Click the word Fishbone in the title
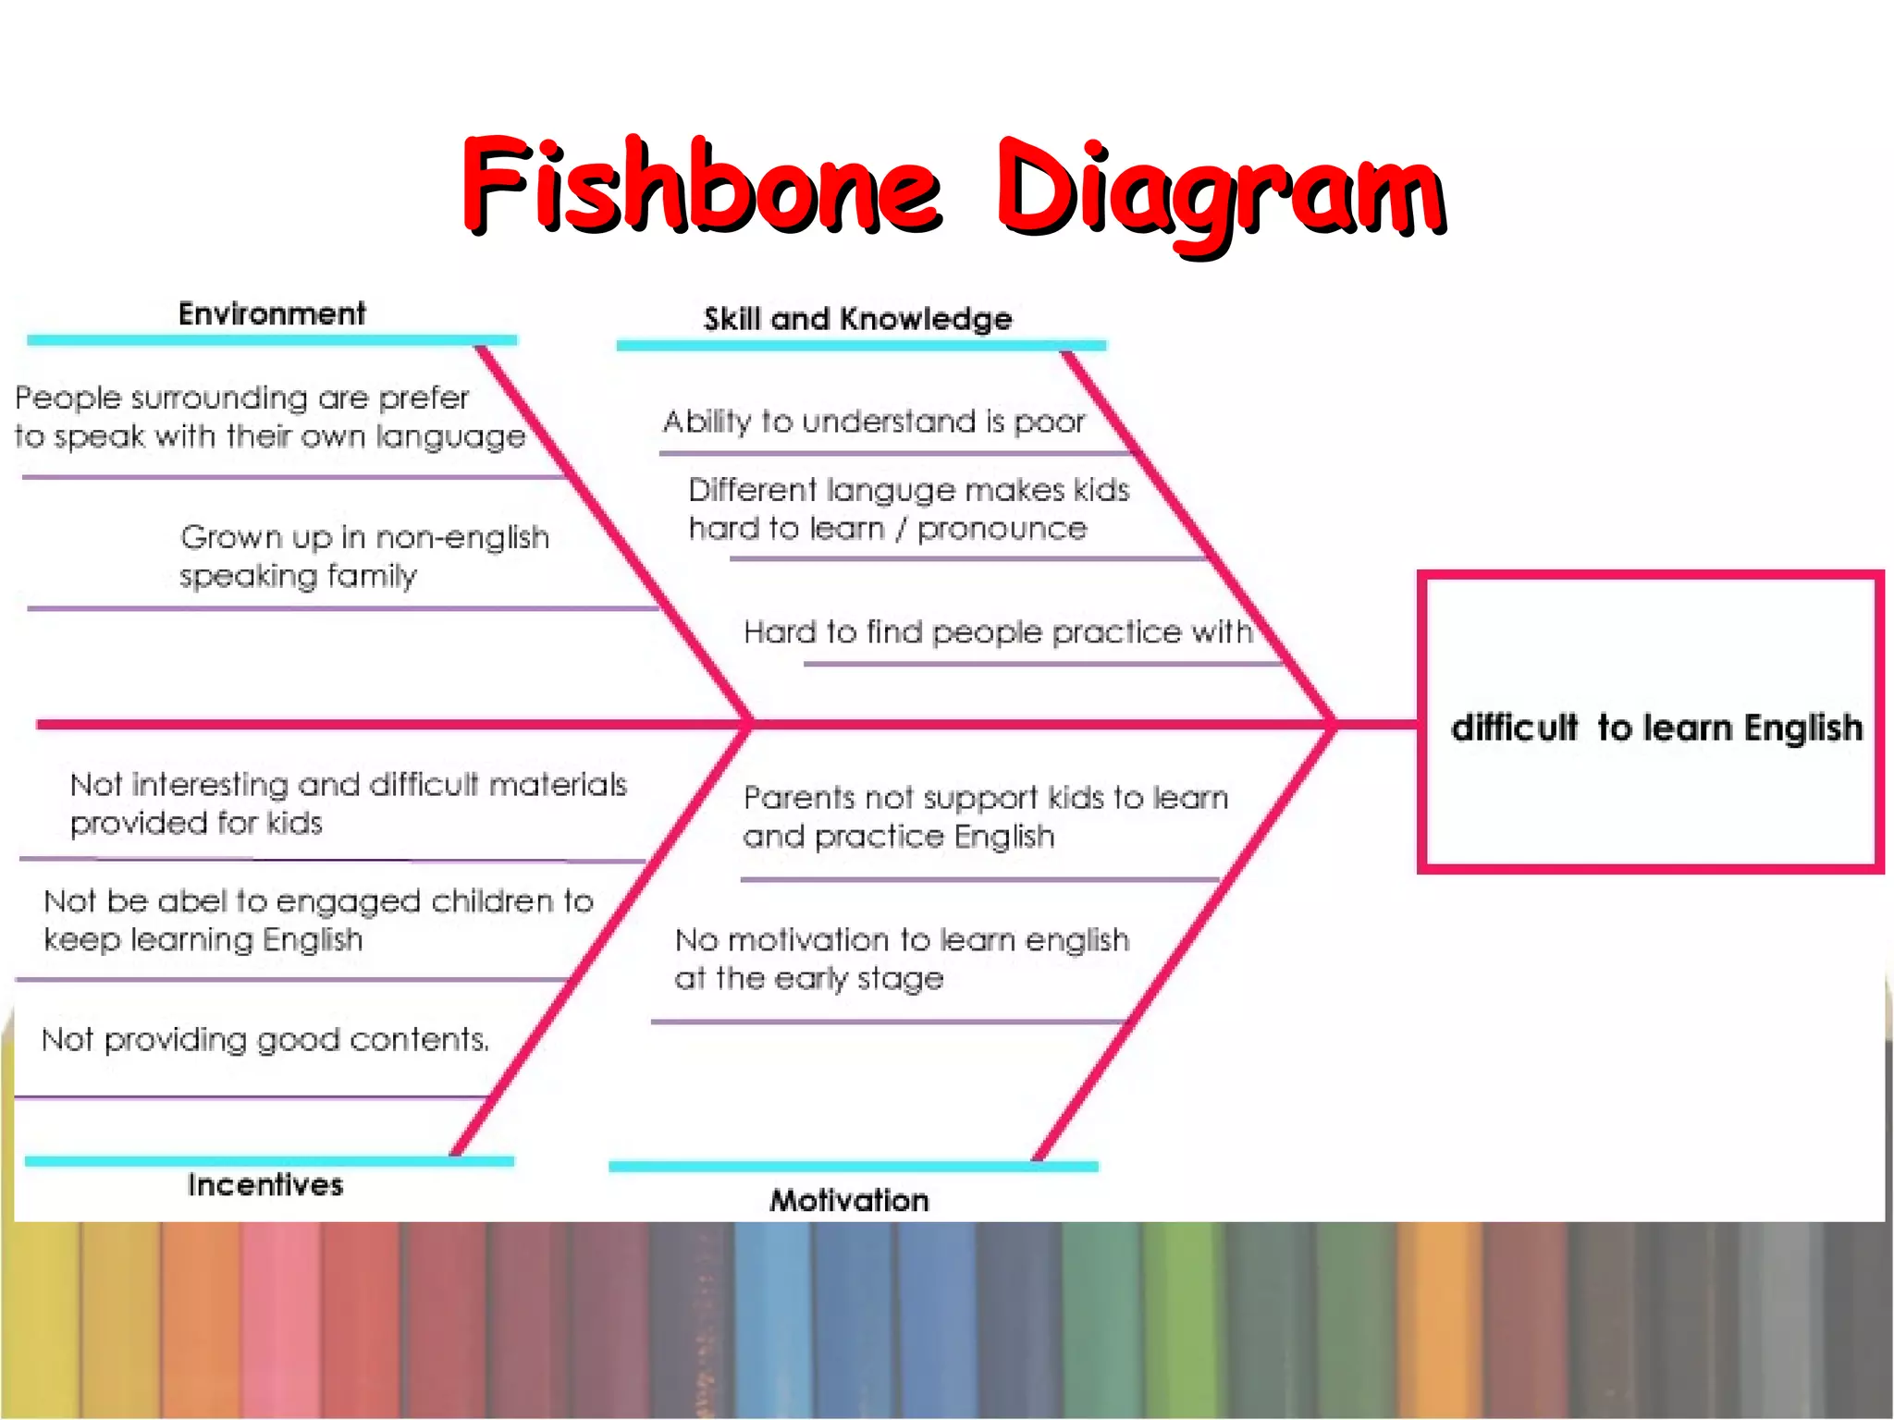coord(703,185)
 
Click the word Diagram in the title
coord(1221,190)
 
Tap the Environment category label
coord(272,314)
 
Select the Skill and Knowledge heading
coord(857,319)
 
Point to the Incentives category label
coord(265,1185)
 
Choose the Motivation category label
coord(849,1201)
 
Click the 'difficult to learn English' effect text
coord(1656,728)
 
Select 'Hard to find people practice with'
coord(998,632)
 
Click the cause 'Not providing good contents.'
coord(265,1040)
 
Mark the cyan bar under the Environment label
coord(272,340)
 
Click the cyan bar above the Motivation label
coord(853,1167)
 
